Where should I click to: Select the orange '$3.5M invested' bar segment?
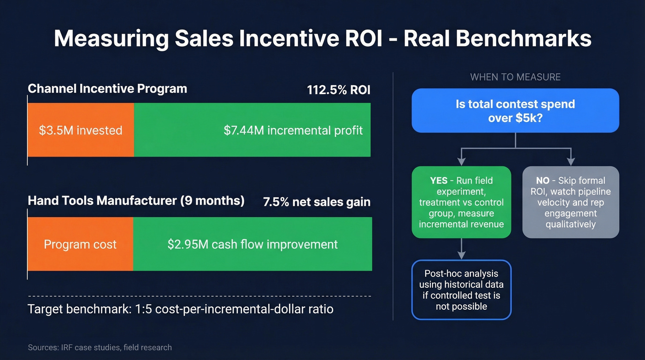pyautogui.click(x=81, y=130)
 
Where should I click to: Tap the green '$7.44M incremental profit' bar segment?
pyautogui.click(x=252, y=130)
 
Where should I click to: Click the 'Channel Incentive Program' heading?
pyautogui.click(x=107, y=89)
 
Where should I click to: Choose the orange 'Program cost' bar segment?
pyautogui.click(x=80, y=244)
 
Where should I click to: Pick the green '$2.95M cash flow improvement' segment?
pyautogui.click(x=252, y=244)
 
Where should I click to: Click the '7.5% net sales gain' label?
pyautogui.click(x=317, y=202)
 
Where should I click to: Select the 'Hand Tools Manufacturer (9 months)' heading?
pyautogui.click(x=136, y=201)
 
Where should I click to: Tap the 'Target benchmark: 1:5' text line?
pyautogui.click(x=181, y=309)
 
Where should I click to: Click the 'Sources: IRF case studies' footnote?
pyautogui.click(x=100, y=347)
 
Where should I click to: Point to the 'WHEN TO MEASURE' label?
pyautogui.click(x=515, y=77)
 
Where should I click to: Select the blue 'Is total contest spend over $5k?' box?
pyautogui.click(x=515, y=111)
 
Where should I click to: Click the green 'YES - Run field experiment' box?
pyautogui.click(x=461, y=202)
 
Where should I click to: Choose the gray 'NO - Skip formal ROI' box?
pyautogui.click(x=570, y=202)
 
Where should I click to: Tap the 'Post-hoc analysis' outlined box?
pyautogui.click(x=461, y=290)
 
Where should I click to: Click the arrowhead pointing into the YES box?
pyautogui.click(x=461, y=162)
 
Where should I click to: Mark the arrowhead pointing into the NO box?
pyautogui.click(x=570, y=162)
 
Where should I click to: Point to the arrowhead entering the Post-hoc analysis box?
pyautogui.click(x=461, y=255)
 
